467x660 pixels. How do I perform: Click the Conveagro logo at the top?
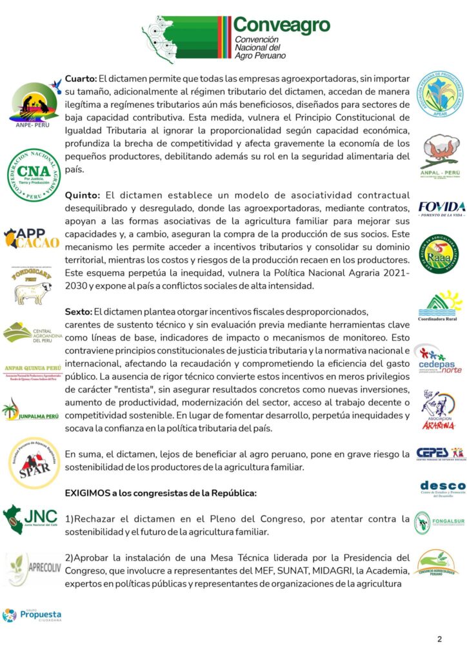point(236,38)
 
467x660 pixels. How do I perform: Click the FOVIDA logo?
point(442,208)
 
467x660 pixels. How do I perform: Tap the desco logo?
point(442,488)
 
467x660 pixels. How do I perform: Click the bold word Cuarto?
point(80,78)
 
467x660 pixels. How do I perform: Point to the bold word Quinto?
point(81,195)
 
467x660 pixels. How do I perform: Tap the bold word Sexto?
point(78,311)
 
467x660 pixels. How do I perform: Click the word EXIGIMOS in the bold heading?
point(89,492)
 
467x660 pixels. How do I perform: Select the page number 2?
point(439,639)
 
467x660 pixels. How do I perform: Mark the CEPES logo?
point(441,453)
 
